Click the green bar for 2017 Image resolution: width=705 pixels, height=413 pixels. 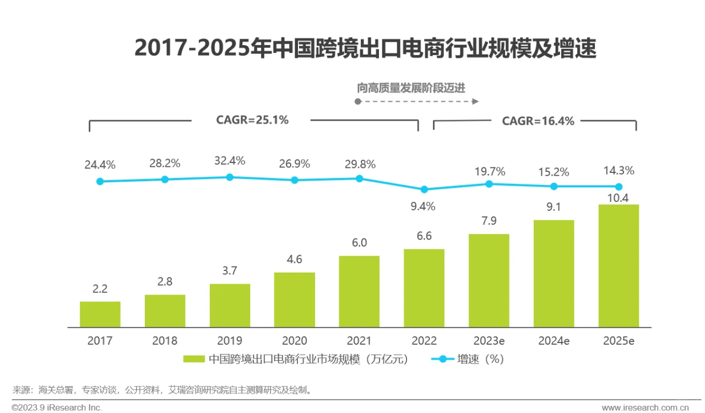(100, 314)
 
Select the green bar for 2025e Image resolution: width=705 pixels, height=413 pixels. (619, 266)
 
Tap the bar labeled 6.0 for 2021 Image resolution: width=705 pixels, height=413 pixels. (359, 292)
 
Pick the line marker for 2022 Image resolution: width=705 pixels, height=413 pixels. (424, 189)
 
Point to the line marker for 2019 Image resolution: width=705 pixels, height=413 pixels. (230, 177)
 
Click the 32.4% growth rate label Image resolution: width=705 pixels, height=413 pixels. (230, 161)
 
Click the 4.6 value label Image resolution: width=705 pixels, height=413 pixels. (295, 259)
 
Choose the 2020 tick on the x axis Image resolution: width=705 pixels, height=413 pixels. (295, 341)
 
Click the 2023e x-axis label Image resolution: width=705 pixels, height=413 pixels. (489, 341)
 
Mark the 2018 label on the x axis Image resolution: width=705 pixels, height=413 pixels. (165, 341)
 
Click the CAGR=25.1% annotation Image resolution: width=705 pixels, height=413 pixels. (252, 120)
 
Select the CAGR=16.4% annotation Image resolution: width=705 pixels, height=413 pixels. (538, 121)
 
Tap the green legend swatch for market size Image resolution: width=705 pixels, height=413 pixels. (194, 359)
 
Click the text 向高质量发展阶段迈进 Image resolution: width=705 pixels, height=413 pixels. (411, 88)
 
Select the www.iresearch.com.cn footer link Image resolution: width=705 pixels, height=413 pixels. (646, 408)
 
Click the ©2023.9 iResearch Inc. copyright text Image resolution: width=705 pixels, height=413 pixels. (57, 407)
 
